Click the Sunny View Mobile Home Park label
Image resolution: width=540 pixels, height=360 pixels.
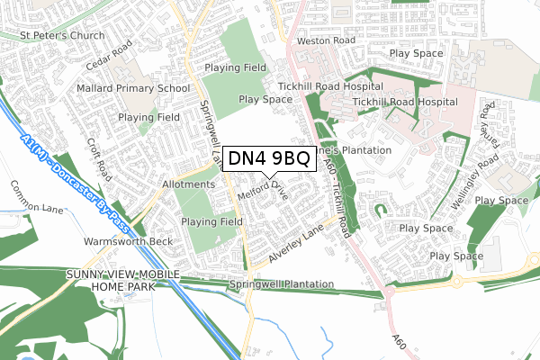coord(122,279)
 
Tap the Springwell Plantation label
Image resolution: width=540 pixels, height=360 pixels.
coord(282,285)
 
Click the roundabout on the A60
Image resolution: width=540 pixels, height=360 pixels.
coord(390,291)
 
